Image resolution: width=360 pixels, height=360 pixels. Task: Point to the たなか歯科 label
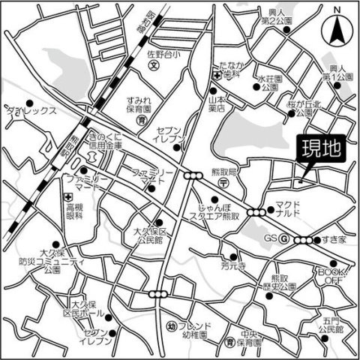(229, 70)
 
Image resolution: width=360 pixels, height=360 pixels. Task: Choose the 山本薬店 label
(219, 101)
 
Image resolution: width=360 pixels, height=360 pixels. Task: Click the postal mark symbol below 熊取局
(222, 182)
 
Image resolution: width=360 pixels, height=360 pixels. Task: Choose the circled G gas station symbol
(284, 238)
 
